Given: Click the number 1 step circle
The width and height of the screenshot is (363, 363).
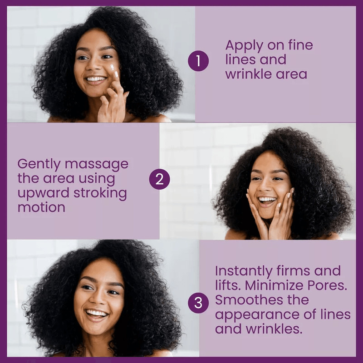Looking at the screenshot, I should click(x=198, y=60).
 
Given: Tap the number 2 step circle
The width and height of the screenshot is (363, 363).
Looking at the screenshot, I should click(x=159, y=180).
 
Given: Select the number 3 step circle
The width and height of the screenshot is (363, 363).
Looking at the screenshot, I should click(x=198, y=303).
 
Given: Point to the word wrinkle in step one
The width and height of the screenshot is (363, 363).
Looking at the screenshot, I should click(x=247, y=74).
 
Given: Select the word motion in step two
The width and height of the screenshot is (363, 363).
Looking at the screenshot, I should click(x=41, y=207).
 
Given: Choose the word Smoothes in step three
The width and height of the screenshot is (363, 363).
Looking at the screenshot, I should click(x=250, y=300).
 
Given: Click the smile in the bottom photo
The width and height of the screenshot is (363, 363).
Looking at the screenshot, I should click(x=97, y=313).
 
